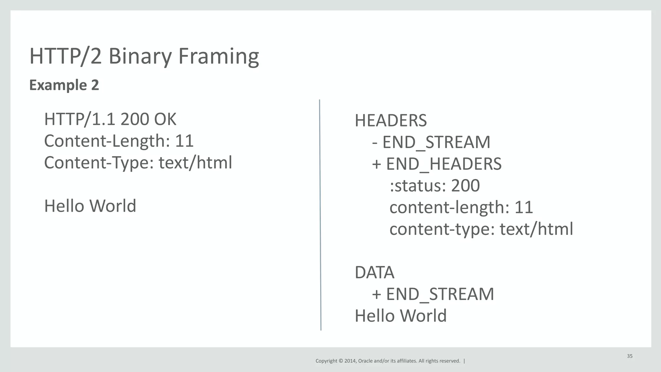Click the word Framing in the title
[x=218, y=56]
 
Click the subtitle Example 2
[x=64, y=85]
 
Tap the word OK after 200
[x=165, y=119]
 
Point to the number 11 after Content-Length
[x=184, y=141]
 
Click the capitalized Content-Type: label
[x=99, y=163]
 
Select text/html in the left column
[x=195, y=163]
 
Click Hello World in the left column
[x=90, y=206]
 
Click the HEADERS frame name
[x=391, y=121]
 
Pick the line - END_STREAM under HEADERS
[x=431, y=142]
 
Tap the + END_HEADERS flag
[x=437, y=164]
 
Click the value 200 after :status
[x=465, y=186]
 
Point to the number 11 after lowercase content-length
[x=524, y=207]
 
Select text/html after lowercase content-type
[x=536, y=229]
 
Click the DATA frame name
[x=374, y=272]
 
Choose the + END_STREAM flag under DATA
[x=433, y=294]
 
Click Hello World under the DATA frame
[x=401, y=316]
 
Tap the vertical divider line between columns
[x=320, y=215]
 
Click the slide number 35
[x=630, y=356]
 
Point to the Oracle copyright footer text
[x=388, y=361]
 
